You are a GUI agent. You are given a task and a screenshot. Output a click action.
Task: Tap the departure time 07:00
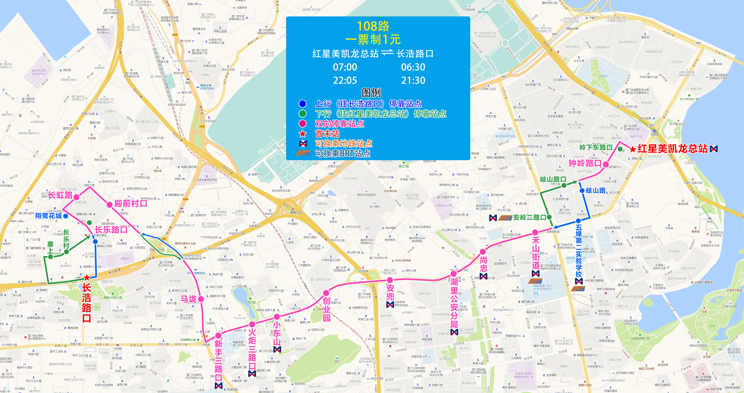click(x=345, y=67)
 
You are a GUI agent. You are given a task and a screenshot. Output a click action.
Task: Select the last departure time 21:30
click(x=413, y=80)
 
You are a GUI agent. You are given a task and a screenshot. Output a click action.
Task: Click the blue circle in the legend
click(x=302, y=103)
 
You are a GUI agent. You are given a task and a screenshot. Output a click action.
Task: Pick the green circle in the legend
click(x=302, y=114)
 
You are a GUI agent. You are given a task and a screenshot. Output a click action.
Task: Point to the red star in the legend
click(x=302, y=134)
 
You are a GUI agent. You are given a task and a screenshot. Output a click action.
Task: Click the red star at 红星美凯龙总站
click(x=632, y=149)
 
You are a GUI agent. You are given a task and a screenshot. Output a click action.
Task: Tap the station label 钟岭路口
click(x=585, y=163)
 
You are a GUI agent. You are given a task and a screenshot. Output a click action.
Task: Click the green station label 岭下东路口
click(x=596, y=147)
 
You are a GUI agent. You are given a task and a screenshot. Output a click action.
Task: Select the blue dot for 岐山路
click(x=582, y=191)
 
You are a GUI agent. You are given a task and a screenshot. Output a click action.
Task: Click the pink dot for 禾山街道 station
click(x=535, y=232)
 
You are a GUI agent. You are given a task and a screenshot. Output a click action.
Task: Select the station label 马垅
click(x=188, y=299)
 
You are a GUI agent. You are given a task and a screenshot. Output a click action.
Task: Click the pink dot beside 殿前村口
click(x=109, y=205)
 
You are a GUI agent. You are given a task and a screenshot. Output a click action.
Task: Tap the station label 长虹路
click(x=60, y=195)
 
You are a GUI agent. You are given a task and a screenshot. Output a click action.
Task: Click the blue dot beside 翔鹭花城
click(x=66, y=216)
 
